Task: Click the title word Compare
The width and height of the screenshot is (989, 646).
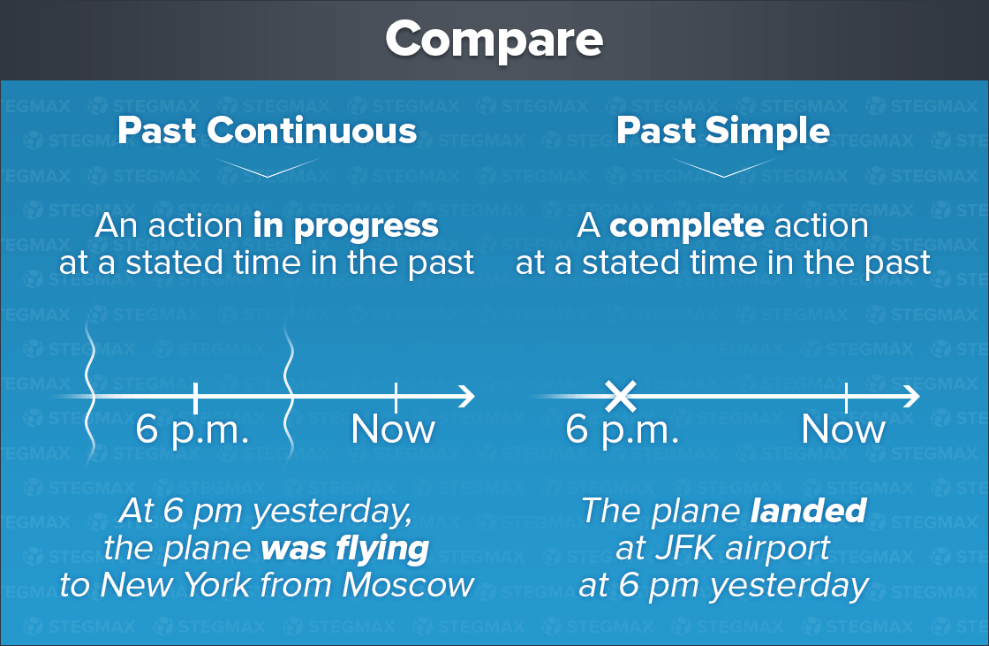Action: (494, 39)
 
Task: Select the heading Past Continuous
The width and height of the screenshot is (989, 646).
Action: (267, 131)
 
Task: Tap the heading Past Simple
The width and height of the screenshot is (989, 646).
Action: (723, 131)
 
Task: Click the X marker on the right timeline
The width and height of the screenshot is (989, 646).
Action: (621, 397)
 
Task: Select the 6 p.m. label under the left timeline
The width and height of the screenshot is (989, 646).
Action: (192, 430)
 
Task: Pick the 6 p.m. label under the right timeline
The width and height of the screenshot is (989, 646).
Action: (622, 430)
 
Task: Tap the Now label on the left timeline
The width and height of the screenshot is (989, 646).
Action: (393, 429)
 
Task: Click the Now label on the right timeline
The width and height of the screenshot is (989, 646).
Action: (843, 429)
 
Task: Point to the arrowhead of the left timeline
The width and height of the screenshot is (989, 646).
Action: (467, 397)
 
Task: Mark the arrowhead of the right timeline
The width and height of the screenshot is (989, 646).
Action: (912, 397)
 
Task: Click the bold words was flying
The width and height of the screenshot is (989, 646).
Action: (345, 549)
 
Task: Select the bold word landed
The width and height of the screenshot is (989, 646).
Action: (809, 510)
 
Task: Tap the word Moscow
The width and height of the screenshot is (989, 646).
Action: (408, 585)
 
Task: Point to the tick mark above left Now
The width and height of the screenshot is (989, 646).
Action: (396, 397)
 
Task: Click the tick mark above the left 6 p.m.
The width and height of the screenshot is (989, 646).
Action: (195, 397)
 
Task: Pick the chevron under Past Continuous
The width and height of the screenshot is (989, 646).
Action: (268, 168)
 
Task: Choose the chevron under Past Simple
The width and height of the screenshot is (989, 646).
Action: (723, 168)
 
